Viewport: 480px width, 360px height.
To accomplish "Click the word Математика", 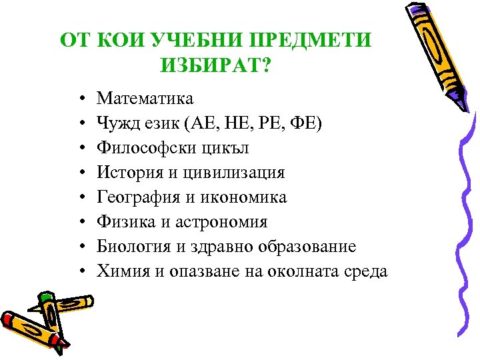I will coord(145,99).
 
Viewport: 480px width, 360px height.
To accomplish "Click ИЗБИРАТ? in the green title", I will coord(217,65).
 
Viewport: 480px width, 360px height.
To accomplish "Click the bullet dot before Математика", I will coord(80,99).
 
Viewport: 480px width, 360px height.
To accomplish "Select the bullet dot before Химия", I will coord(80,272).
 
